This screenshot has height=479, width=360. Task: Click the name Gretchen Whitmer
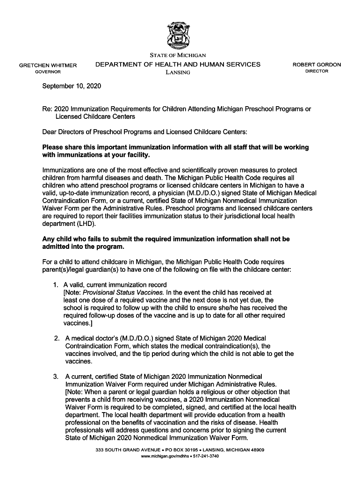tap(48, 65)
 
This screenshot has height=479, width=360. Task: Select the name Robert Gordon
tap(317, 65)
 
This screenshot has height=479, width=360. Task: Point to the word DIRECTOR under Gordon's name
tap(317, 71)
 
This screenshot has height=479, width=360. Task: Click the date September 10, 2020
tap(72, 87)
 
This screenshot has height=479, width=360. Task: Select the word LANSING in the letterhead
tap(178, 73)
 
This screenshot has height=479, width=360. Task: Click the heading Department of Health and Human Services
tap(178, 65)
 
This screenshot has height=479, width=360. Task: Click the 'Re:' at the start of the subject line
tap(47, 109)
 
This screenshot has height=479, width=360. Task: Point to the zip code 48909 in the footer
tap(256, 450)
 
